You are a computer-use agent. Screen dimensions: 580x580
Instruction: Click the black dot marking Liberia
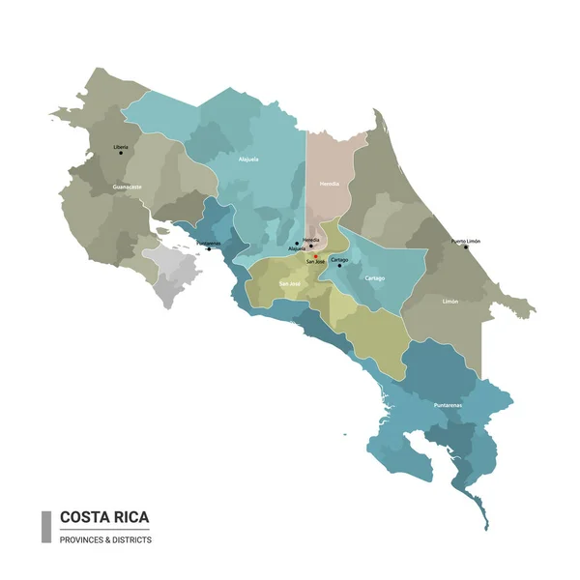(121, 153)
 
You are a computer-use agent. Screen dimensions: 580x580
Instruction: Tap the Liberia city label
(121, 146)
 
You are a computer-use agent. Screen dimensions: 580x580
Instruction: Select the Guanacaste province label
(128, 185)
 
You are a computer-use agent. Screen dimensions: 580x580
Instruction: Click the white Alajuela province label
(247, 159)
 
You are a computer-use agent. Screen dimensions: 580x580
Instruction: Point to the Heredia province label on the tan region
(329, 182)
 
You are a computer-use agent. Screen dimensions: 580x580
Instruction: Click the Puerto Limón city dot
(465, 247)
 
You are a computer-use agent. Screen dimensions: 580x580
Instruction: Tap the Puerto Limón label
(466, 241)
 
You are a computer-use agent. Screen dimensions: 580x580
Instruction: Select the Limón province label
(450, 302)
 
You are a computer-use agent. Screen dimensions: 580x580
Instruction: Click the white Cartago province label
(374, 278)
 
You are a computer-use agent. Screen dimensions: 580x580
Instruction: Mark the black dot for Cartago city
(339, 266)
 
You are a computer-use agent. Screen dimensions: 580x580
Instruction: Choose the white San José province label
(290, 284)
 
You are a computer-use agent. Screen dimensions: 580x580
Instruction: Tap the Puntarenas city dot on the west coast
(208, 249)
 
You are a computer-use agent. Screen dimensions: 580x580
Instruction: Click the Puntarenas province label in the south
(448, 404)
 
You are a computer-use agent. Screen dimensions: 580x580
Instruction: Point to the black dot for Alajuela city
(297, 244)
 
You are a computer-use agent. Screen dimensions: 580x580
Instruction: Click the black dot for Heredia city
(310, 245)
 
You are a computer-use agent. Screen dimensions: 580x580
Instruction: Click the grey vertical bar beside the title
(45, 527)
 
